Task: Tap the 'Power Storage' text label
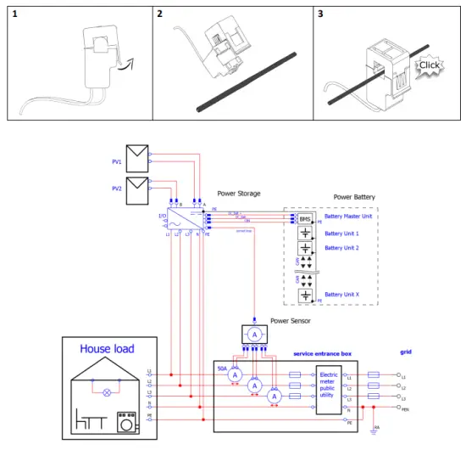coord(239,194)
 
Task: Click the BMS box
coord(304,219)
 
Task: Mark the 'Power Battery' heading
coord(354,197)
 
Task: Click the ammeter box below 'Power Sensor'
coord(254,335)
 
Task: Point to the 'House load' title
coord(108,349)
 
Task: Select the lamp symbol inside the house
coord(106,393)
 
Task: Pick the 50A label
coord(223,370)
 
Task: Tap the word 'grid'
coord(408,351)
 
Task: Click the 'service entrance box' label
coord(322,353)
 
